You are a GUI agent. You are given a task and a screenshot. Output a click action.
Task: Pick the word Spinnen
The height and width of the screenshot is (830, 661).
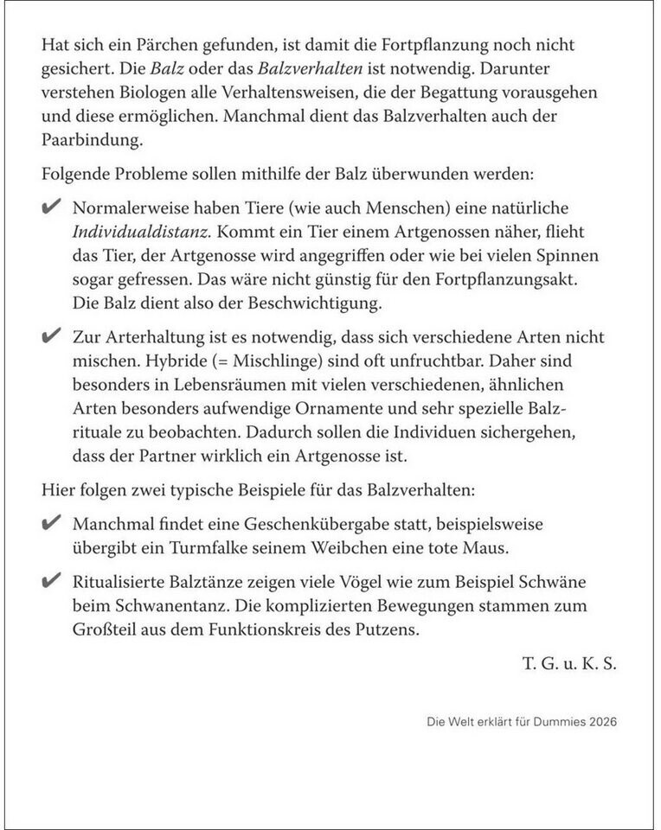[x=572, y=257]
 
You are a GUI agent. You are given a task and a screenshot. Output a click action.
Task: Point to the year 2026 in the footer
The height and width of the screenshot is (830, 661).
[x=602, y=721]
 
